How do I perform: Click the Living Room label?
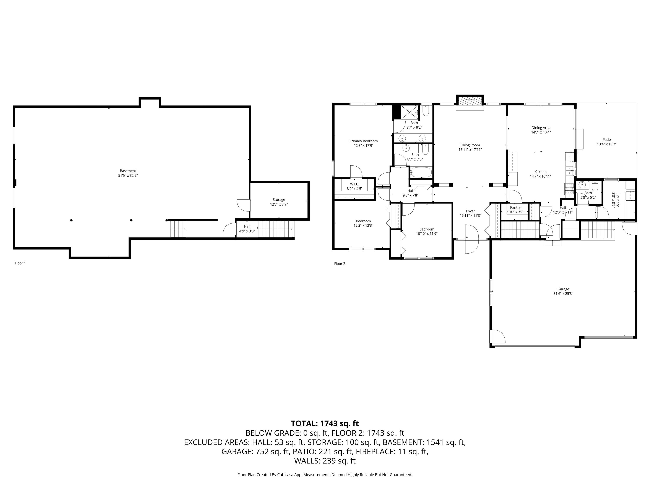470,145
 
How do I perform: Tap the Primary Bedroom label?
364,141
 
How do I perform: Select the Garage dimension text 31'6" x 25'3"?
563,294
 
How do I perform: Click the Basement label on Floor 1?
128,171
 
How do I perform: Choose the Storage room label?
279,200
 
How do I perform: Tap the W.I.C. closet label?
354,184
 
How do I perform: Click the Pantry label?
515,207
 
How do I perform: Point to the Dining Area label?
541,128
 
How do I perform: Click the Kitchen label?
540,172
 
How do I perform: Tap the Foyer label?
470,211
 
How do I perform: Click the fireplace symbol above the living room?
470,102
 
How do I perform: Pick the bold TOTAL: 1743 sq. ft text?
325,424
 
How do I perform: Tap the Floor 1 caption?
20,263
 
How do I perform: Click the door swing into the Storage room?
243,205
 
